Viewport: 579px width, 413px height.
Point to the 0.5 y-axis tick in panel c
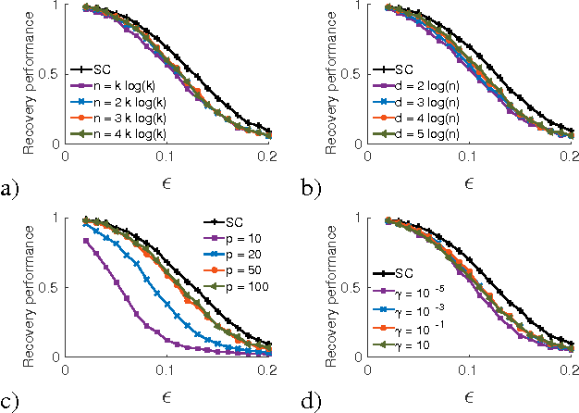52,287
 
